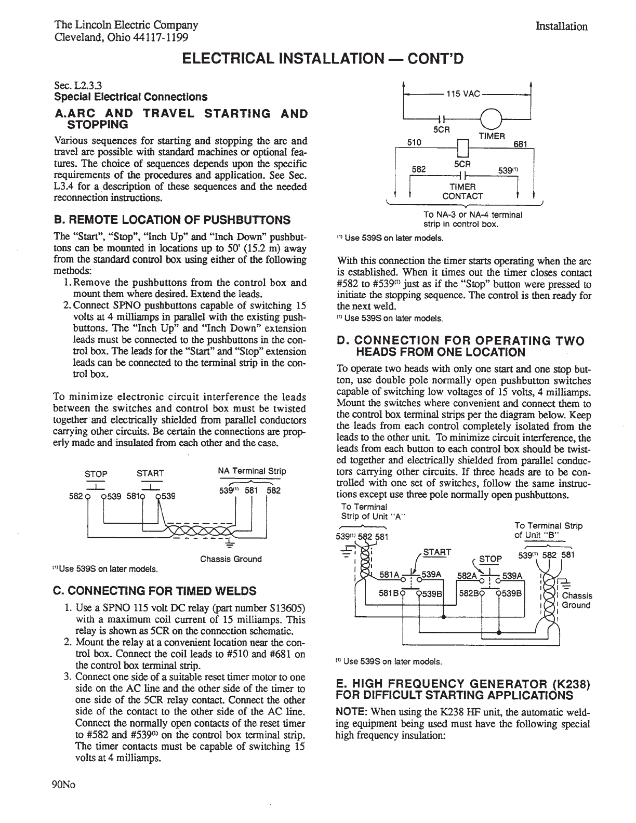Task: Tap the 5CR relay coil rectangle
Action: (x=462, y=149)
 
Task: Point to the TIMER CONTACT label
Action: (x=462, y=191)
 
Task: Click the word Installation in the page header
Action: (x=561, y=26)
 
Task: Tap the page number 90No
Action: (x=64, y=785)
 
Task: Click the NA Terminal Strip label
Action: (x=252, y=471)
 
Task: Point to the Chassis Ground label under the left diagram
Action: (x=231, y=559)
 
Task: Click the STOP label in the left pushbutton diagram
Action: (x=96, y=473)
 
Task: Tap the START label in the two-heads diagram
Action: (x=438, y=552)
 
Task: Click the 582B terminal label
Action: (x=467, y=593)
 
